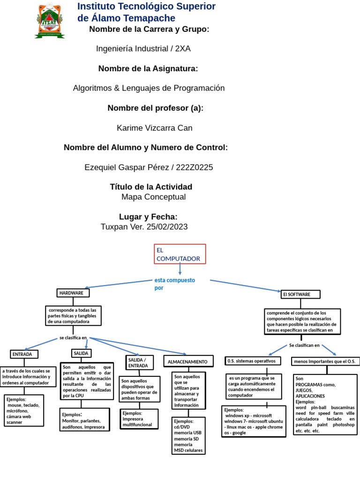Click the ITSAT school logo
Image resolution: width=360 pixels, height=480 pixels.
[49, 21]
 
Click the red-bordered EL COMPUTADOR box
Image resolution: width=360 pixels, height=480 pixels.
[180, 254]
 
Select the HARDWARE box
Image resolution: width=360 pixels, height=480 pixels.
[73, 293]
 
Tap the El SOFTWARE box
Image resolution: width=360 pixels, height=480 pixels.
[300, 294]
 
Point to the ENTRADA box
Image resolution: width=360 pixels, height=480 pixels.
[24, 354]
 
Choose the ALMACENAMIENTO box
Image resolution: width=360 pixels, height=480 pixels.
[188, 361]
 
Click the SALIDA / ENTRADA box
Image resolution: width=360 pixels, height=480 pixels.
[139, 362]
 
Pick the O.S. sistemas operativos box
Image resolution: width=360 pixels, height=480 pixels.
[253, 361]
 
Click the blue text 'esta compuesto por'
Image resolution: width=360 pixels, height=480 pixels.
[174, 284]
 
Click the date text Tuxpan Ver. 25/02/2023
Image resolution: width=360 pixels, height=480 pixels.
[144, 227]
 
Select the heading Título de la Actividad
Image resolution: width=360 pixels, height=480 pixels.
[151, 187]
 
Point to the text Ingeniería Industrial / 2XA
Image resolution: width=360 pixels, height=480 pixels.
[143, 49]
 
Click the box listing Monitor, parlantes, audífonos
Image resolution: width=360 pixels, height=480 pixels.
[84, 420]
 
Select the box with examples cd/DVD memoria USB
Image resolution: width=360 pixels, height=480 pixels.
[188, 435]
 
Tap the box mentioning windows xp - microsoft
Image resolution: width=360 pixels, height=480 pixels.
[254, 421]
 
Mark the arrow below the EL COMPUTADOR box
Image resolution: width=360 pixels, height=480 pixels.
[180, 269]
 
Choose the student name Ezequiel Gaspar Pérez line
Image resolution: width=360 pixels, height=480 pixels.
[149, 167]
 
